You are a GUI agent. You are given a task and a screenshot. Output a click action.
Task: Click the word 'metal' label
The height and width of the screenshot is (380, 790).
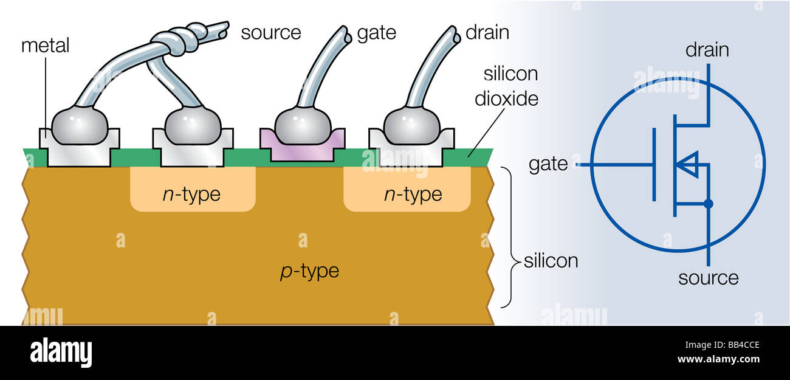coord(46,46)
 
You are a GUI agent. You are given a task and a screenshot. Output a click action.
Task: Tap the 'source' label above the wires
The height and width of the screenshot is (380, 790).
coord(270,32)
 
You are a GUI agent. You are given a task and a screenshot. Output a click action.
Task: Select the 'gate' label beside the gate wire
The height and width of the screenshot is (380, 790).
coord(376,33)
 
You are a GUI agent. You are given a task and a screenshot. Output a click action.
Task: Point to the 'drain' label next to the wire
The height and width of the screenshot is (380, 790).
coord(486,32)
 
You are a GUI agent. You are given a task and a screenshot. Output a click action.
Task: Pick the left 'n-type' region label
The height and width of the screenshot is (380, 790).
coord(192,195)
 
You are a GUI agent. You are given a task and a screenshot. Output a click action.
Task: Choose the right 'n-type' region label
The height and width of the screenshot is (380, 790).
coord(413,195)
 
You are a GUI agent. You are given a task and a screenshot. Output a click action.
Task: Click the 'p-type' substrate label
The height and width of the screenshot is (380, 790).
coord(309,271)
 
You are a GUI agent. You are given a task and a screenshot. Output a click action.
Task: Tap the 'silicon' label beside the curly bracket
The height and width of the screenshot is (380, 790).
coord(551,261)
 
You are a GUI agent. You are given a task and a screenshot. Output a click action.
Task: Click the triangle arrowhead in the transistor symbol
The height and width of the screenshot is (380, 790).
coord(688,164)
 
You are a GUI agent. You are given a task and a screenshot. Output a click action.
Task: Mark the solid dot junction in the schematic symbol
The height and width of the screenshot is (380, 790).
coord(708,204)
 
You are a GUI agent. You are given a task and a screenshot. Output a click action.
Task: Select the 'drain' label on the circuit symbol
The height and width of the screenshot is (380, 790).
coord(707,50)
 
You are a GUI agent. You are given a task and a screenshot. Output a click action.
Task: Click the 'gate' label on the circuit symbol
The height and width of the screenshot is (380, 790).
coord(548,164)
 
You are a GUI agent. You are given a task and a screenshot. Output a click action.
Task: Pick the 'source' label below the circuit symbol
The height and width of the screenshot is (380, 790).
coord(708,278)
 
